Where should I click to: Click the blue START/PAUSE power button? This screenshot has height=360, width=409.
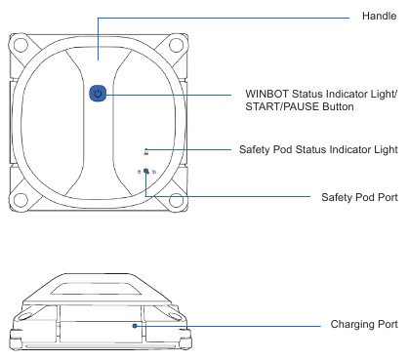[x=97, y=94]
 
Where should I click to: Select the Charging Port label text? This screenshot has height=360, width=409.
[x=361, y=325]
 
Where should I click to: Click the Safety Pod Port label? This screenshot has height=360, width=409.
[x=358, y=196]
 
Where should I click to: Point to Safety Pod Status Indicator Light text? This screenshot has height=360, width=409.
[x=317, y=149]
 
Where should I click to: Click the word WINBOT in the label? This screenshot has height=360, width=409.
[x=268, y=94]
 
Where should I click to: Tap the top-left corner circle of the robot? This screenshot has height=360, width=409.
[x=19, y=45]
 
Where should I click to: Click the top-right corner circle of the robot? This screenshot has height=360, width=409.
[x=176, y=45]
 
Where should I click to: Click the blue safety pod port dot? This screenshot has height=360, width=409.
[x=146, y=171]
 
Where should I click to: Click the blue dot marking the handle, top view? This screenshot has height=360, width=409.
[x=97, y=57]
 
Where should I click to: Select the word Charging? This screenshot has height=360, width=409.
[x=349, y=325]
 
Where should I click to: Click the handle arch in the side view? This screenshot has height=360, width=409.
[x=98, y=282]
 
